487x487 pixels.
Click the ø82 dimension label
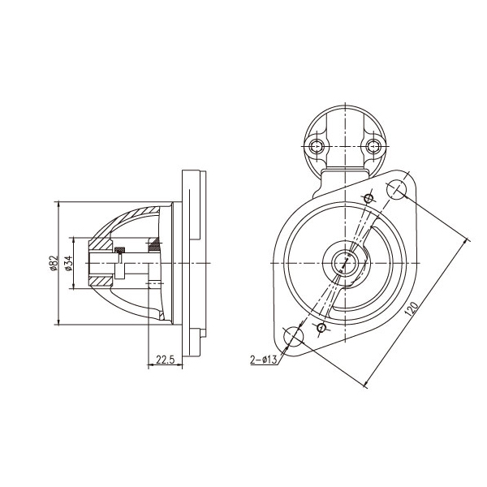pyautogui.click(x=53, y=264)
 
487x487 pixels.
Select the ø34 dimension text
pyautogui.click(x=69, y=263)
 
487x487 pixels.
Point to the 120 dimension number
pyautogui.click(x=412, y=308)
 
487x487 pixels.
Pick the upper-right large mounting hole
pyautogui.click(x=397, y=190)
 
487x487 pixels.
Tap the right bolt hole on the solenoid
pyautogui.click(x=373, y=146)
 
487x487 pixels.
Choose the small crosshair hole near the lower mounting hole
pyautogui.click(x=321, y=327)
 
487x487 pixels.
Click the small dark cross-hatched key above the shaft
pyautogui.click(x=120, y=248)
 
